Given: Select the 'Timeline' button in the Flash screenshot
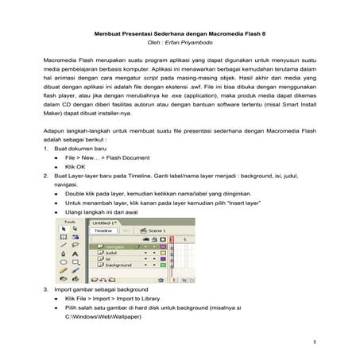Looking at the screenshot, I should tap(103, 231).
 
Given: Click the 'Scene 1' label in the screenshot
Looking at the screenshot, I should tap(159, 231).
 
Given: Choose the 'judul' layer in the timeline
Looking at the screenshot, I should tap(110, 252).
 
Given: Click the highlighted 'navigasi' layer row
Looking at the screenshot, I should tap(115, 246).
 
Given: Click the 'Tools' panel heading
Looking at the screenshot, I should tap(70, 223).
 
